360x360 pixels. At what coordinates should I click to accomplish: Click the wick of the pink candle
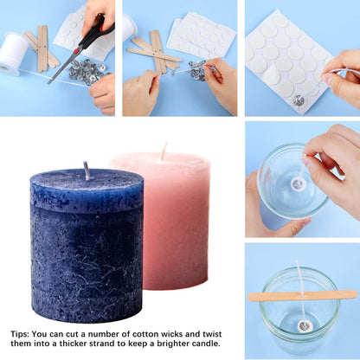(164, 151)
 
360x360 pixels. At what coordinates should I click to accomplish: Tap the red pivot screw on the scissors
(76, 51)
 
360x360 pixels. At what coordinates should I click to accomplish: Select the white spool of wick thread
(14, 54)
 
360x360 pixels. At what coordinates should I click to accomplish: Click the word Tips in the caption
(19, 335)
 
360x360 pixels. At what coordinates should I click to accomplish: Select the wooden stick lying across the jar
(302, 296)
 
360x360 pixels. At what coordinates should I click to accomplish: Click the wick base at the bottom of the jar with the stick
(305, 326)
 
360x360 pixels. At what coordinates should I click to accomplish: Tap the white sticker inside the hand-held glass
(298, 183)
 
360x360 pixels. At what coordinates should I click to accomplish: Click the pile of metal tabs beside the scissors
(87, 72)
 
